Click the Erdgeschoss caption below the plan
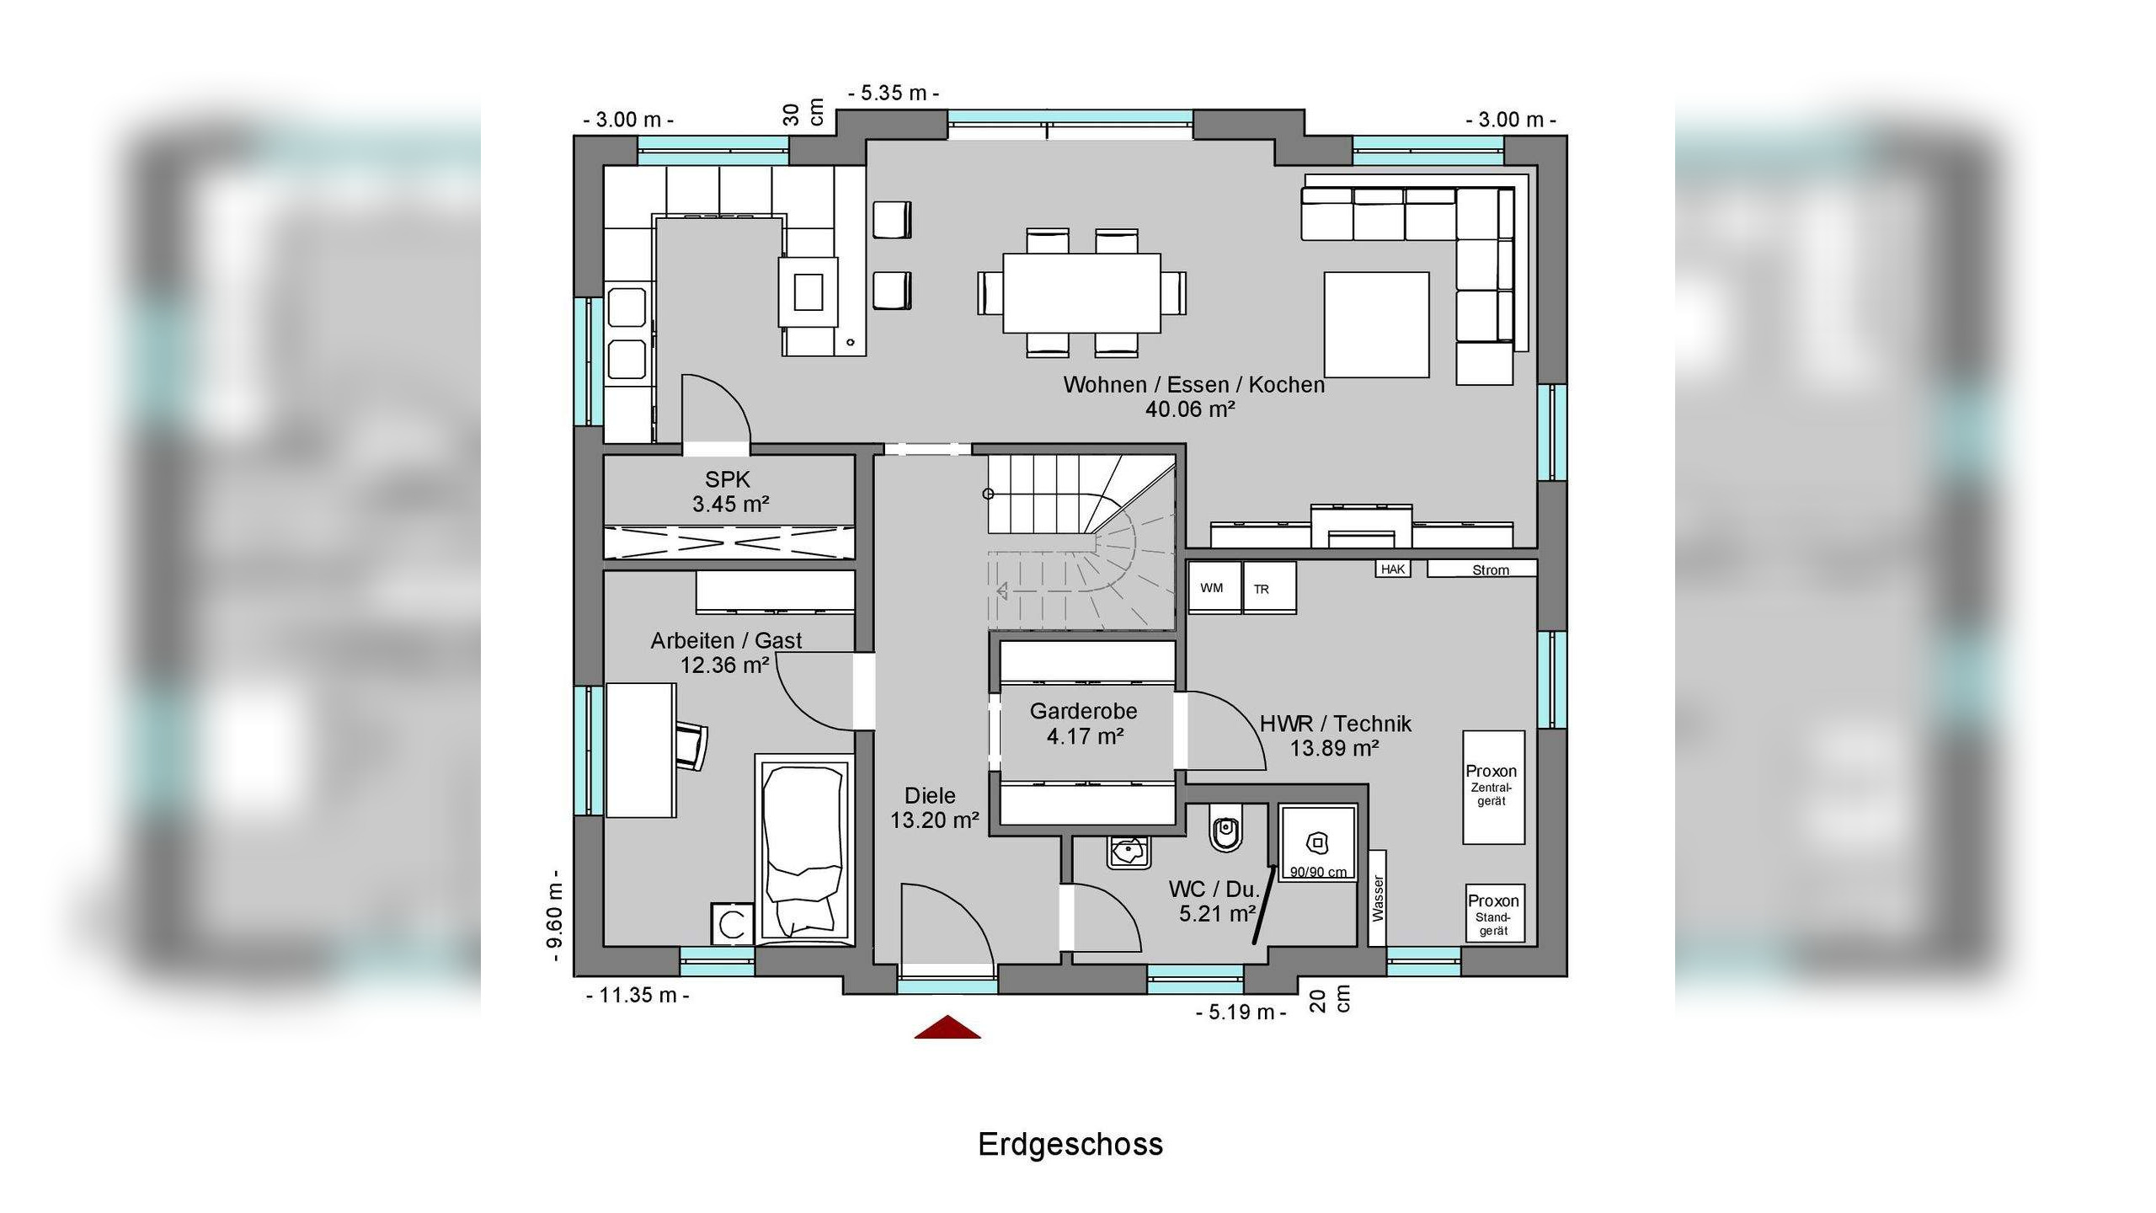(1070, 1144)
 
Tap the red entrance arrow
(947, 1027)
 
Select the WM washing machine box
(1214, 587)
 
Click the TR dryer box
(1269, 588)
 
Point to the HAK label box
(1393, 569)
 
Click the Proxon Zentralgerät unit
(1493, 787)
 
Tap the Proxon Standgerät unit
(1495, 913)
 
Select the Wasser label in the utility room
(1378, 898)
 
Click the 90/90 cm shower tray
(1318, 843)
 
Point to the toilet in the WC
(1225, 826)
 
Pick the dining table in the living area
(1081, 293)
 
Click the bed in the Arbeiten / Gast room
(803, 849)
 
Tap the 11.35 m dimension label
(638, 996)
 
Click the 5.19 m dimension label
(1241, 1013)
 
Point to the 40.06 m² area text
(1190, 409)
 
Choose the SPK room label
(728, 479)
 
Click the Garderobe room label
(1083, 711)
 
